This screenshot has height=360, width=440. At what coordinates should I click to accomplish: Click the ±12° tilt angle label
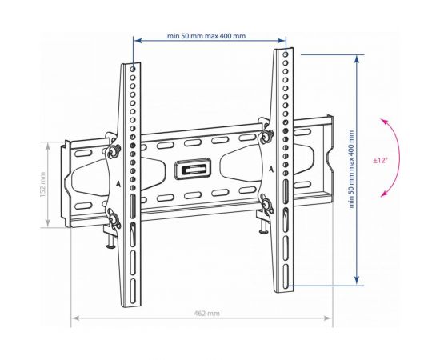[x=380, y=161]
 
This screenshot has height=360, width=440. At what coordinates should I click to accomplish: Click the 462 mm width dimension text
[x=207, y=313]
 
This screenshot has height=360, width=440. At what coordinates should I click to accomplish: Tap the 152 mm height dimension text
[x=42, y=184]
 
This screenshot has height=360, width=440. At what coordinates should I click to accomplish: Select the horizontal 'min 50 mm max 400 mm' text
[x=206, y=36]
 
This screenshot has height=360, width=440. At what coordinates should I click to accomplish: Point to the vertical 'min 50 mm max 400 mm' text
[x=351, y=169]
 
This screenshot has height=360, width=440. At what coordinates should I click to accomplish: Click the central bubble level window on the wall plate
[x=193, y=169]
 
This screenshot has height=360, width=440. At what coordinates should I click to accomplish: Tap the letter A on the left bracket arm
[x=118, y=184]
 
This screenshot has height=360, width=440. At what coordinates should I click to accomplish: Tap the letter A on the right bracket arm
[x=270, y=169]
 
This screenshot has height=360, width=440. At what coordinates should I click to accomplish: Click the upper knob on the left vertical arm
[x=114, y=151]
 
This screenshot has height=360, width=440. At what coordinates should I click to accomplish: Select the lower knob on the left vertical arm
[x=114, y=220]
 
